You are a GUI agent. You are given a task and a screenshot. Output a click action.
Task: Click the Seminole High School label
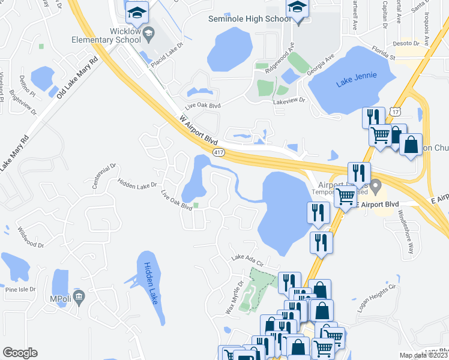pyautogui.click(x=249, y=19)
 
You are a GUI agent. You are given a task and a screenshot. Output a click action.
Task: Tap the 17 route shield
pyautogui.click(x=394, y=112)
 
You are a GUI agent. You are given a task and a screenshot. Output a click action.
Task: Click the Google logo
pyautogui.click(x=20, y=353)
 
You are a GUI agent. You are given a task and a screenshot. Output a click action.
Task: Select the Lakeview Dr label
pyautogui.click(x=289, y=101)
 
